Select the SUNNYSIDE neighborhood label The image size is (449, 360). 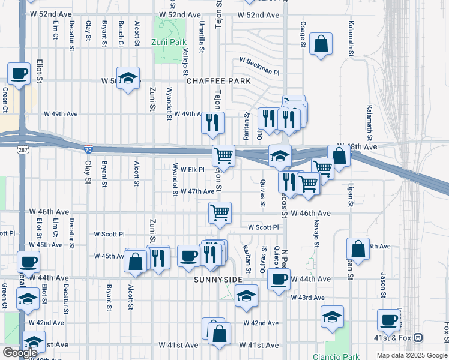pos(218,280)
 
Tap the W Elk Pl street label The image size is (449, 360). pos(193,170)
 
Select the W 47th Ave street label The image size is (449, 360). pos(197,191)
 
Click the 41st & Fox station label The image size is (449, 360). pos(396,338)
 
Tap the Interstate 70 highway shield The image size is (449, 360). pos(88,148)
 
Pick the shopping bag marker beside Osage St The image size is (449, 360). pos(321,44)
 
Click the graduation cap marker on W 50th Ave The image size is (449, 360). pos(128,78)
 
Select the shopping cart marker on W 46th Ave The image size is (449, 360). pos(220,212)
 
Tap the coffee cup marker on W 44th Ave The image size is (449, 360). pos(278,279)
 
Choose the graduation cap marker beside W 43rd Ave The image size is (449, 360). pos(246,296)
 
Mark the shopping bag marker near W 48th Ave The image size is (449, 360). pos(339,157)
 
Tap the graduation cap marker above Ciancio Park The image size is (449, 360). pos(331,316)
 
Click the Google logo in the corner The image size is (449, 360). pos(20,353)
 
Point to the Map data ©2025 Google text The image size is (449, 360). pos(411,355)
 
